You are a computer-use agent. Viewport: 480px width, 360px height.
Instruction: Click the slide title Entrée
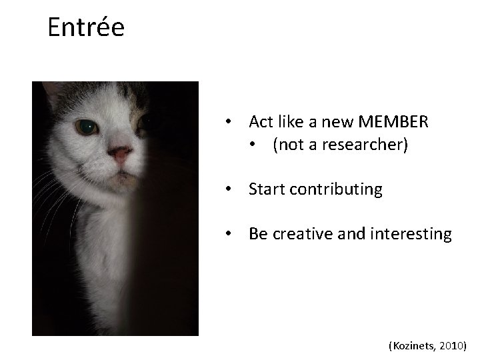click(86, 27)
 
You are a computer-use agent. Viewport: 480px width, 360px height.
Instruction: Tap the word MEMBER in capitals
click(393, 123)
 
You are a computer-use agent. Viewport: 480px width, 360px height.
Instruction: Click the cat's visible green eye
click(86, 125)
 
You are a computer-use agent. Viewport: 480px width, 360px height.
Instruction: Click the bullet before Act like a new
click(228, 123)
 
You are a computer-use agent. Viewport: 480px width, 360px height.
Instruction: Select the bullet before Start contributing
click(228, 190)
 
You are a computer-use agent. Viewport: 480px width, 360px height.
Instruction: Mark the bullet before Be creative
click(228, 235)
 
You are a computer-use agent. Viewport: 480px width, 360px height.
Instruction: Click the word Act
click(261, 123)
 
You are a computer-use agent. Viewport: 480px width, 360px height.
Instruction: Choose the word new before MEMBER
click(340, 123)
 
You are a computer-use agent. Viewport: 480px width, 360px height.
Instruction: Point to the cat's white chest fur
click(107, 267)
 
